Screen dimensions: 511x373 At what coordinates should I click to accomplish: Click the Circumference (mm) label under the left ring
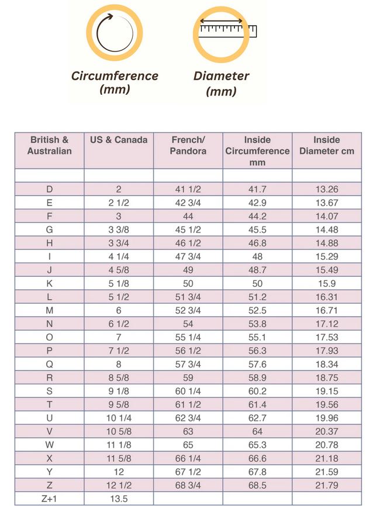(115, 83)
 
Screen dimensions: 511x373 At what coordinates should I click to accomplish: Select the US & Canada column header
(119, 140)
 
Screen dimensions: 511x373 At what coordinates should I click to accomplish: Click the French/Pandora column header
(188, 145)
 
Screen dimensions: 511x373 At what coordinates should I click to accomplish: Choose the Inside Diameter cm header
(326, 145)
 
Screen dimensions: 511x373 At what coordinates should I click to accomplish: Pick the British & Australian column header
(50, 145)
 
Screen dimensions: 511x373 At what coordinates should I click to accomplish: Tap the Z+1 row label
(50, 499)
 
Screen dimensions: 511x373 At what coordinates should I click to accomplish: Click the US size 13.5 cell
(119, 499)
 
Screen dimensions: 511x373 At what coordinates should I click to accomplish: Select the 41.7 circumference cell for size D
(257, 190)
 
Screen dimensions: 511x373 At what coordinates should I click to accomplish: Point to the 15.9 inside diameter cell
(326, 283)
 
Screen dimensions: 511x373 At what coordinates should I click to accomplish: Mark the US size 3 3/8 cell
(119, 230)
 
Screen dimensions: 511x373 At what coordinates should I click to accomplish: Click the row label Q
(50, 364)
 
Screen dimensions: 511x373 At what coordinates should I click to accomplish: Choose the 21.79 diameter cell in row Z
(326, 485)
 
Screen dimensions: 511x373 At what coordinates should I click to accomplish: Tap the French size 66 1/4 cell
(188, 458)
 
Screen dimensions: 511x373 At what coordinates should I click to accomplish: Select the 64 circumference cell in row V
(257, 431)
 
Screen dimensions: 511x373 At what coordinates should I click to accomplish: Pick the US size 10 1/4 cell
(119, 418)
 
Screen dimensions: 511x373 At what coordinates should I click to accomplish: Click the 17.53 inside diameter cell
(326, 337)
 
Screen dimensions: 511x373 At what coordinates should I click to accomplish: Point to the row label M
(50, 310)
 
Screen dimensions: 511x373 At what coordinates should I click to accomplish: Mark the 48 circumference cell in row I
(257, 257)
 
